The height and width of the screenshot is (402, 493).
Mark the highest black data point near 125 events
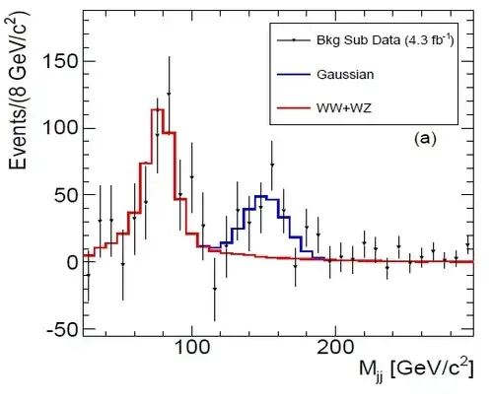(169, 95)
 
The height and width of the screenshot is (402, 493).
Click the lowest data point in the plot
(215, 289)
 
